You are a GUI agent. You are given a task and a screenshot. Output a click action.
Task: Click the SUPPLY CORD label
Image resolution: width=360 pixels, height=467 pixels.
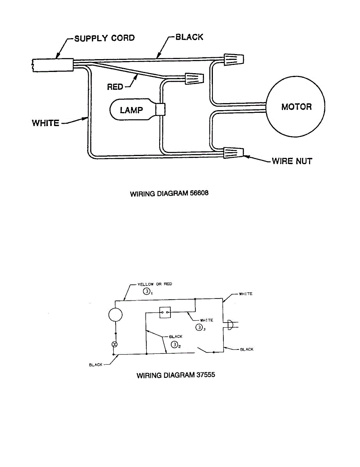tap(104, 38)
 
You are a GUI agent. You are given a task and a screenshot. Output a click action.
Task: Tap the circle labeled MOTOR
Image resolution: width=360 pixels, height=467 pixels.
tap(295, 107)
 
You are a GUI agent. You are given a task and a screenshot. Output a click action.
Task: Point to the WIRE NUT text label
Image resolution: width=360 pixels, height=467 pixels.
tap(292, 161)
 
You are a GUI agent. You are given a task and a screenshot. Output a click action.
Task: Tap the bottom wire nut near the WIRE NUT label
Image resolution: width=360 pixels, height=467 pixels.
tap(234, 153)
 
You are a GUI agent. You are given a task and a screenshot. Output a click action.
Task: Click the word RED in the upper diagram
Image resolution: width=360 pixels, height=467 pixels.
tap(115, 87)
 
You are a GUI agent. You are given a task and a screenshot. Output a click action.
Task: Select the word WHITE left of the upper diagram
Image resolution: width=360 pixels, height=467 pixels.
tap(46, 123)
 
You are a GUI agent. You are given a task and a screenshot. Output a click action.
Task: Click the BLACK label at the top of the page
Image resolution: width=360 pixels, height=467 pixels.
tap(189, 37)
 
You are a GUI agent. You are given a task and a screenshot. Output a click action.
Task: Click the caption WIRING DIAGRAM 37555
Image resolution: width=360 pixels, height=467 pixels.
tap(176, 376)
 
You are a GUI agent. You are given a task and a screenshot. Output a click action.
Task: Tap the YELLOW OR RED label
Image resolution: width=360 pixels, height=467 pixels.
tap(154, 284)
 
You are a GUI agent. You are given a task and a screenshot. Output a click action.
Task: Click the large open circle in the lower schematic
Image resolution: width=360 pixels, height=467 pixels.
tap(115, 314)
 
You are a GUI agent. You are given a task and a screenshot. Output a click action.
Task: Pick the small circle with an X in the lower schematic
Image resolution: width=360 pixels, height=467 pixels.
tap(115, 345)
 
